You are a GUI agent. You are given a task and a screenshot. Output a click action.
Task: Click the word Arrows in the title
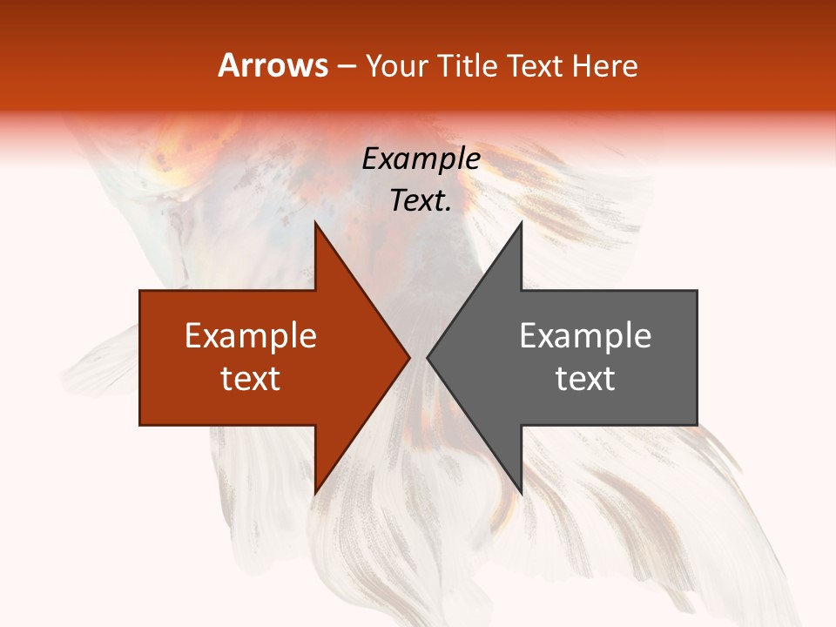coord(273,65)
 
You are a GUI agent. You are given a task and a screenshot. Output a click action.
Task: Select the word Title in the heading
coord(471,65)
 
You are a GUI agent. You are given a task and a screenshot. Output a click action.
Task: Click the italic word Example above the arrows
coord(421,158)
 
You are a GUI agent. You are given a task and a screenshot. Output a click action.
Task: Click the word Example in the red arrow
coord(251,335)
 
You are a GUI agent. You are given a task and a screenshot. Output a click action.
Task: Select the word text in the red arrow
coord(251,378)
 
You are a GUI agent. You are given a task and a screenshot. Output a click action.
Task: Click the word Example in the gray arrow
coord(585,335)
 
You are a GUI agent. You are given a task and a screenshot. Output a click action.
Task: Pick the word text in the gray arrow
coord(585,378)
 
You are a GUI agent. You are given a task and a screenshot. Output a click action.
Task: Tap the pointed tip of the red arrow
coord(409,357)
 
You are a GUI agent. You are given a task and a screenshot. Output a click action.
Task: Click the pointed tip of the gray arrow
coord(428,357)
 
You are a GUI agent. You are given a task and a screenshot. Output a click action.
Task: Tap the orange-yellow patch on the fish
coord(170,165)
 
